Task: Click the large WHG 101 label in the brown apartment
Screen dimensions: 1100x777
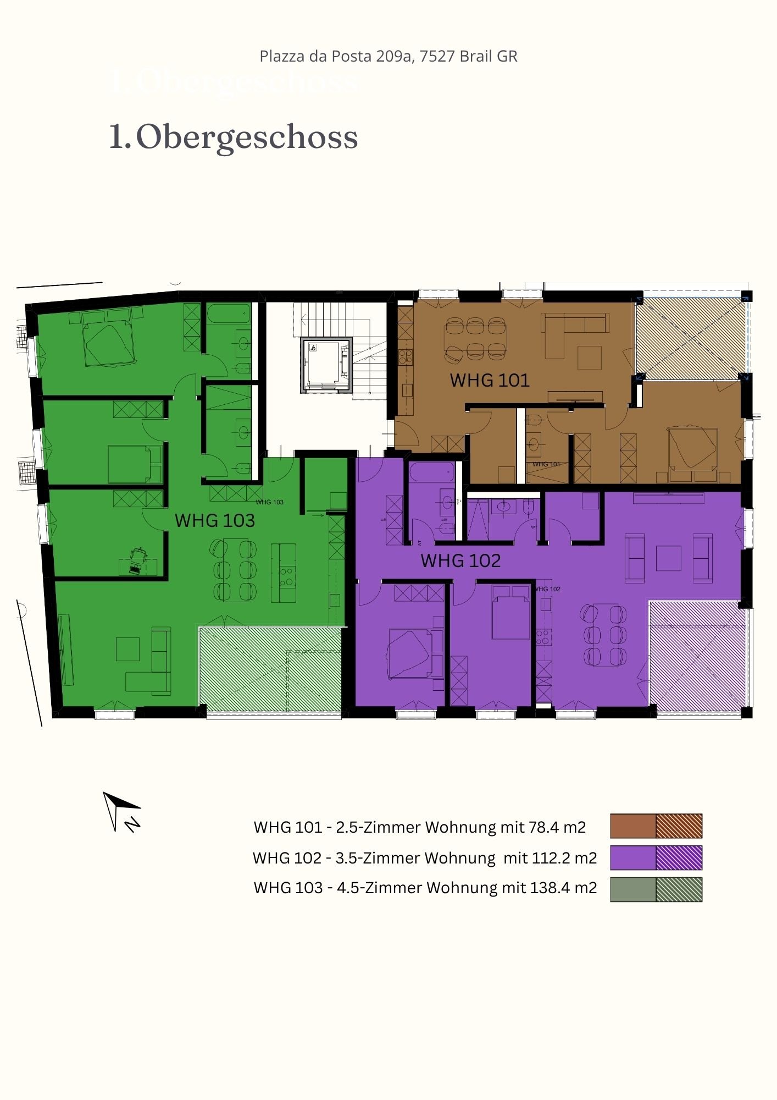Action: (x=489, y=380)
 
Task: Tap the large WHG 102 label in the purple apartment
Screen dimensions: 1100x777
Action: (x=460, y=560)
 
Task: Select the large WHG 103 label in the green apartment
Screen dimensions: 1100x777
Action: (x=214, y=520)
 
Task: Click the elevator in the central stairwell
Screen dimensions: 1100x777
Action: (x=326, y=365)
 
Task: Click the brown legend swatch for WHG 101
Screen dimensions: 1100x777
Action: (x=656, y=826)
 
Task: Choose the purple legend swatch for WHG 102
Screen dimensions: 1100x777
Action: (x=656, y=857)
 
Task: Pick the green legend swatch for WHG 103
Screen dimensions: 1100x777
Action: (x=656, y=889)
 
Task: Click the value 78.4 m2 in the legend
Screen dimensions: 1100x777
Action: (x=557, y=827)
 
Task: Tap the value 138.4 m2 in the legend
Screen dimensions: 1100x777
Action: (x=563, y=888)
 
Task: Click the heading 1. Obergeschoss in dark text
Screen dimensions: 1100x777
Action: (x=234, y=137)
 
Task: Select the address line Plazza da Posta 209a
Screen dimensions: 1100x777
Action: (x=388, y=56)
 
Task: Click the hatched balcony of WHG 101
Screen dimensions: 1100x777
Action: (x=690, y=338)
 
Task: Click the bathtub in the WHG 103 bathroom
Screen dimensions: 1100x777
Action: (x=228, y=315)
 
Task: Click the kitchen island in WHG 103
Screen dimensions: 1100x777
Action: (x=287, y=573)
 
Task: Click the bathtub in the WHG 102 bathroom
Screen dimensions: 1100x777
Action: (x=432, y=472)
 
